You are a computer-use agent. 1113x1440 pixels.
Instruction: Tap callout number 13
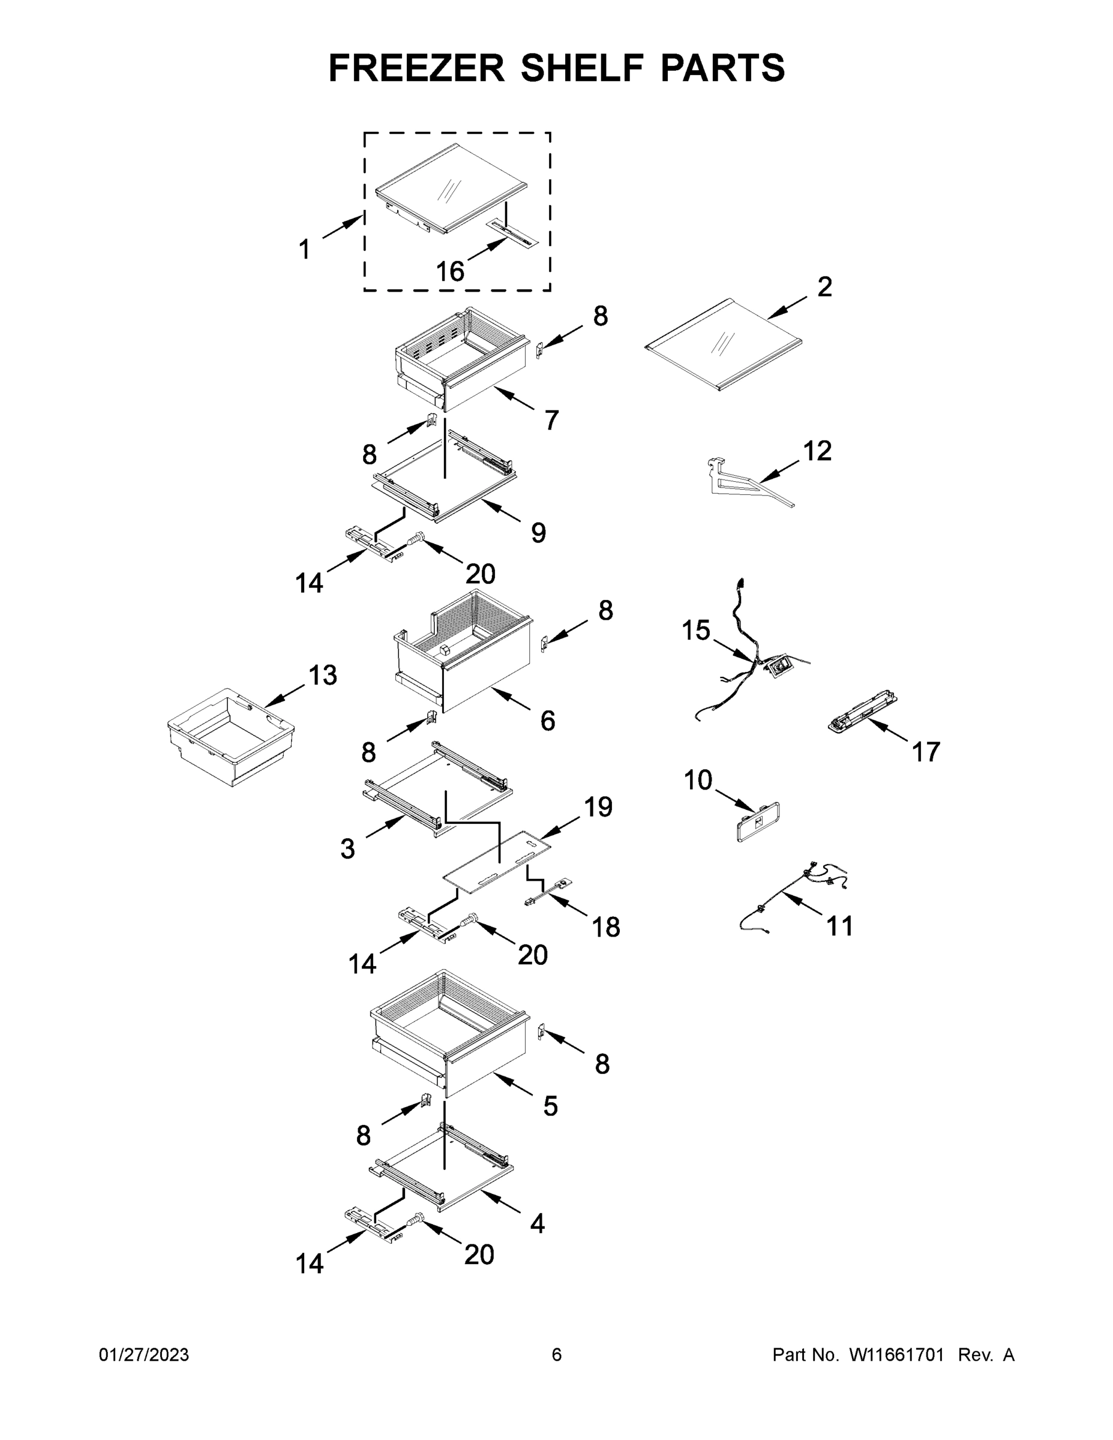coord(323,675)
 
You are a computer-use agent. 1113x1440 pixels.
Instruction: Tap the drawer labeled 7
coord(461,359)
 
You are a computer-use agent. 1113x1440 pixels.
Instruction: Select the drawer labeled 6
coord(461,659)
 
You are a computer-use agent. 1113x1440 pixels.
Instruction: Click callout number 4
coord(538,1225)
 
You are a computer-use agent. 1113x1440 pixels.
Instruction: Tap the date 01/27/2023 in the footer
coord(144,1354)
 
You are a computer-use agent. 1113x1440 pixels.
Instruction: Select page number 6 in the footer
coord(557,1354)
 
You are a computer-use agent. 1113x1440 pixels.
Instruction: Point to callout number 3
coord(347,848)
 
